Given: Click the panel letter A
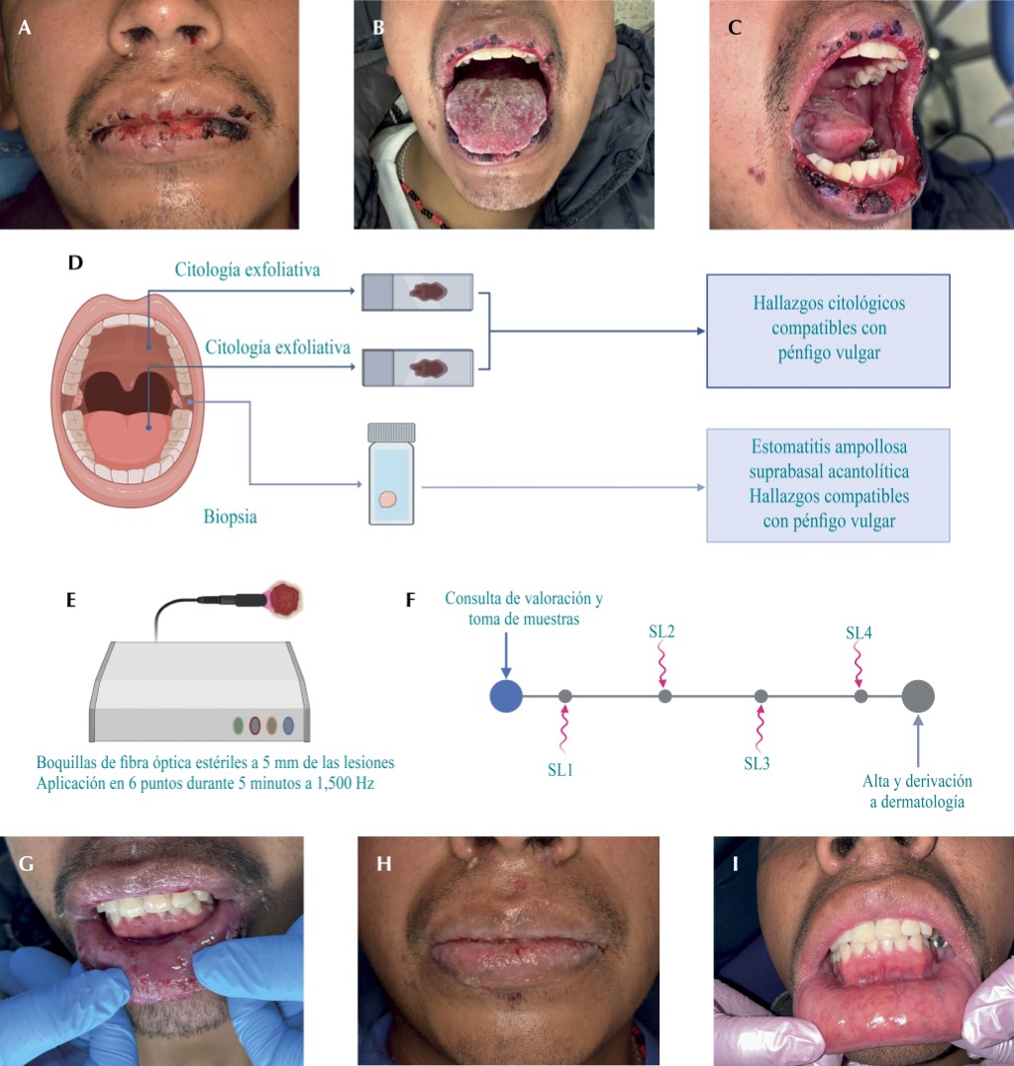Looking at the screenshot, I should click(25, 29).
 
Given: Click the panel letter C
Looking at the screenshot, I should click(735, 29).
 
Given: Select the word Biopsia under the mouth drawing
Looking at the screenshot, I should click(230, 514).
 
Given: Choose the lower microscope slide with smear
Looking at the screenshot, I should click(418, 367).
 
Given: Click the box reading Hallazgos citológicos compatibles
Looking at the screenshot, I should click(828, 329).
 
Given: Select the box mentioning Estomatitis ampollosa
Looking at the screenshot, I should click(828, 484).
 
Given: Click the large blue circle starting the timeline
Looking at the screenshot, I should click(506, 696).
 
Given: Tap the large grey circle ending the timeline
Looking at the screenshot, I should click(918, 696).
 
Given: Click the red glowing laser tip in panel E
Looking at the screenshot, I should click(289, 598).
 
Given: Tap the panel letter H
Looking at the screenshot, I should click(384, 864).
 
